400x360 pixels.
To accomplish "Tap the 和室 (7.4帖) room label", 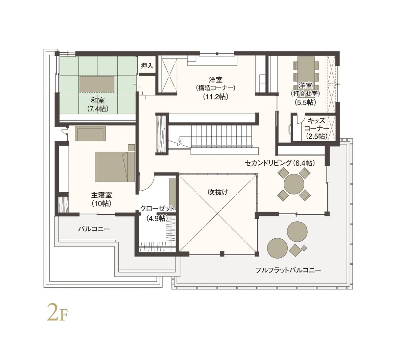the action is [x=98, y=104].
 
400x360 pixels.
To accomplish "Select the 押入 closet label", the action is [x=147, y=66].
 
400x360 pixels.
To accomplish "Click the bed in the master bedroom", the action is [x=115, y=167].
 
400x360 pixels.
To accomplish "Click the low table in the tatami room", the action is [x=97, y=84].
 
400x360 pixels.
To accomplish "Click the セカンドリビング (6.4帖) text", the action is [x=280, y=163].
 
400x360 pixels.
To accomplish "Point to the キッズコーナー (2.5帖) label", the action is [x=316, y=128].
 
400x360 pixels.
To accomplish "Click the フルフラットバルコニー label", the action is [x=288, y=270].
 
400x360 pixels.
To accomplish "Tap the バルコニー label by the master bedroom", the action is [x=94, y=229].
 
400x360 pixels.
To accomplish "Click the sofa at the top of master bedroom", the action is [x=90, y=133].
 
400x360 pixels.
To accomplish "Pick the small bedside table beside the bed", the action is [x=131, y=147].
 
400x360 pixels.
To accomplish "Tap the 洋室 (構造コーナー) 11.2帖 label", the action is [x=216, y=88].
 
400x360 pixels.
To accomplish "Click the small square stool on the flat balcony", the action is [x=304, y=248].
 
